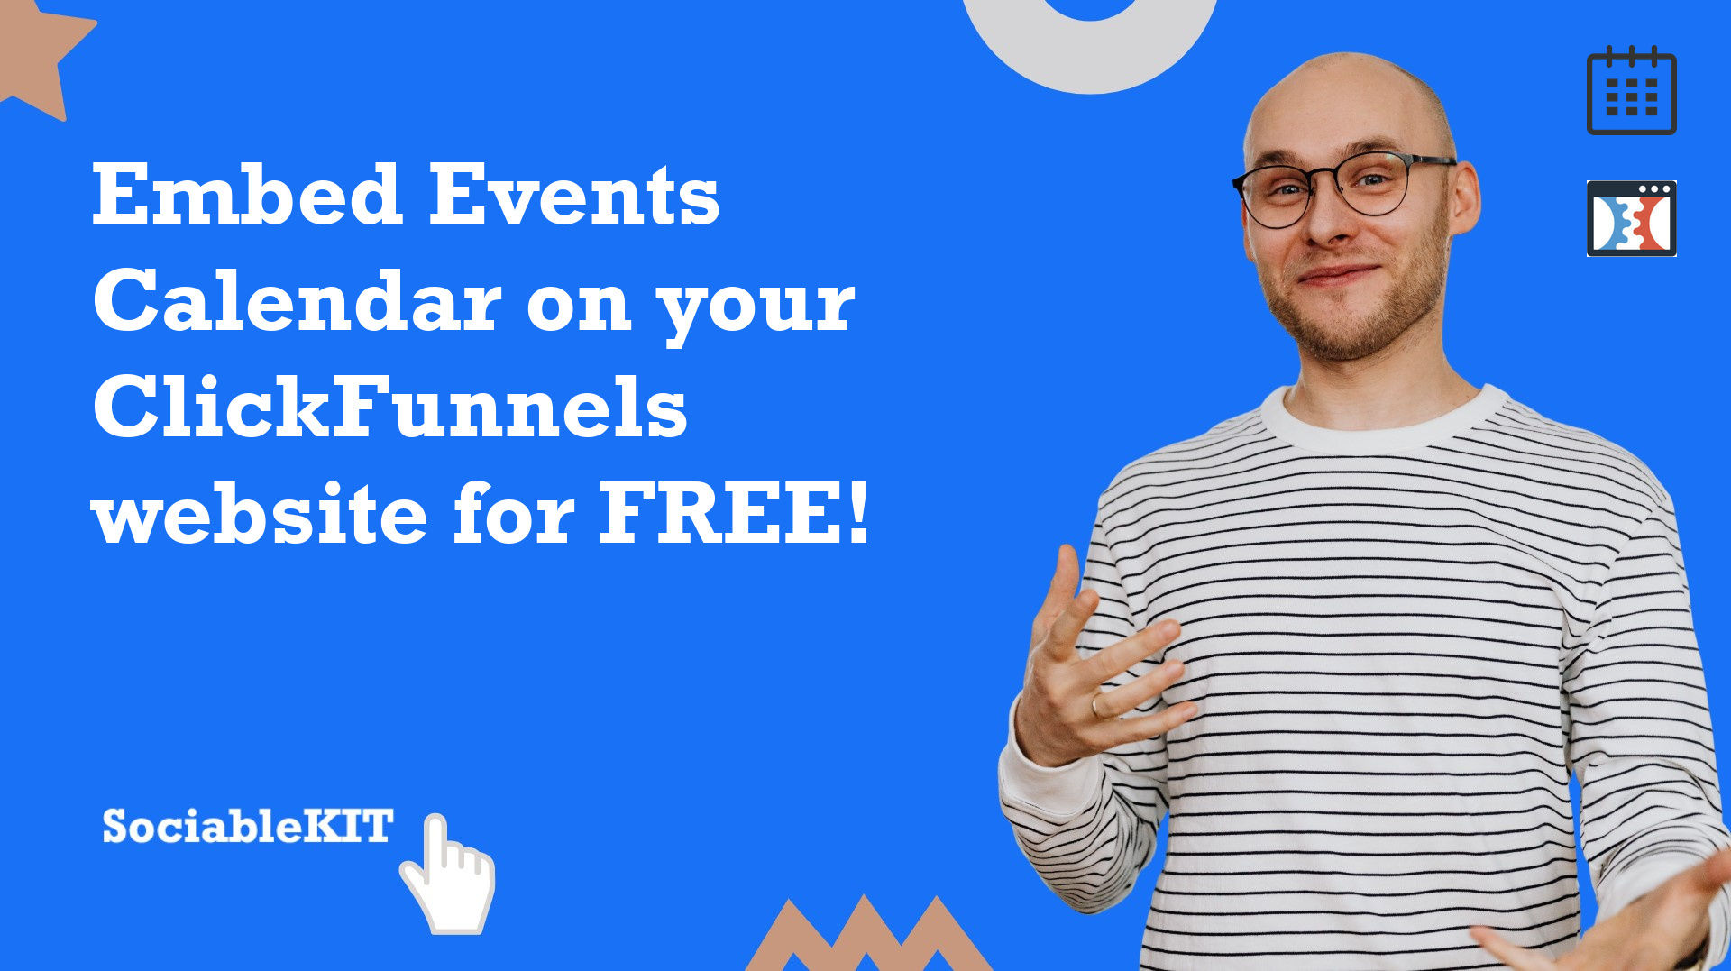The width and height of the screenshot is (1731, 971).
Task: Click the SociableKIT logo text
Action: pyautogui.click(x=248, y=826)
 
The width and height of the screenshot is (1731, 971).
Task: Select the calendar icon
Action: pyautogui.click(x=1631, y=90)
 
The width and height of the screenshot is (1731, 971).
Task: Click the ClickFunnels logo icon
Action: pyautogui.click(x=1631, y=218)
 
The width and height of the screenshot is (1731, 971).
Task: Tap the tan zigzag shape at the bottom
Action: pyautogui.click(x=867, y=938)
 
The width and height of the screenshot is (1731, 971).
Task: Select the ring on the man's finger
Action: pyautogui.click(x=1097, y=704)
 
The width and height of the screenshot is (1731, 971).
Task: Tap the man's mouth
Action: pyautogui.click(x=1340, y=274)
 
